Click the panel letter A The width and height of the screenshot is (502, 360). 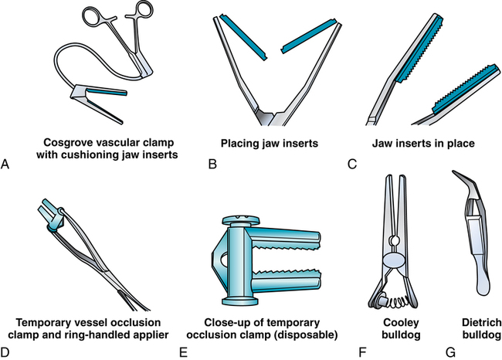tap(5, 164)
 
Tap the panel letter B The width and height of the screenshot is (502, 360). tap(212, 164)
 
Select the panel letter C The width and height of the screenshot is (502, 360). tap(352, 164)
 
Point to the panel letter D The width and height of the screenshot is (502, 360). tap(5, 352)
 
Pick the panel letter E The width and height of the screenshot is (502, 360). tap(183, 352)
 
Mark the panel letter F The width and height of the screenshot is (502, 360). tap(362, 352)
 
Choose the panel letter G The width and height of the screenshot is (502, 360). tap(450, 352)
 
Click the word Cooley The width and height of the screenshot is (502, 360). tap(401, 323)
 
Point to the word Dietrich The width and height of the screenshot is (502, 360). tap(482, 323)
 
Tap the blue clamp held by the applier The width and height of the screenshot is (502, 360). tap(51, 215)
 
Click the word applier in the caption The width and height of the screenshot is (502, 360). tap(150, 335)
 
